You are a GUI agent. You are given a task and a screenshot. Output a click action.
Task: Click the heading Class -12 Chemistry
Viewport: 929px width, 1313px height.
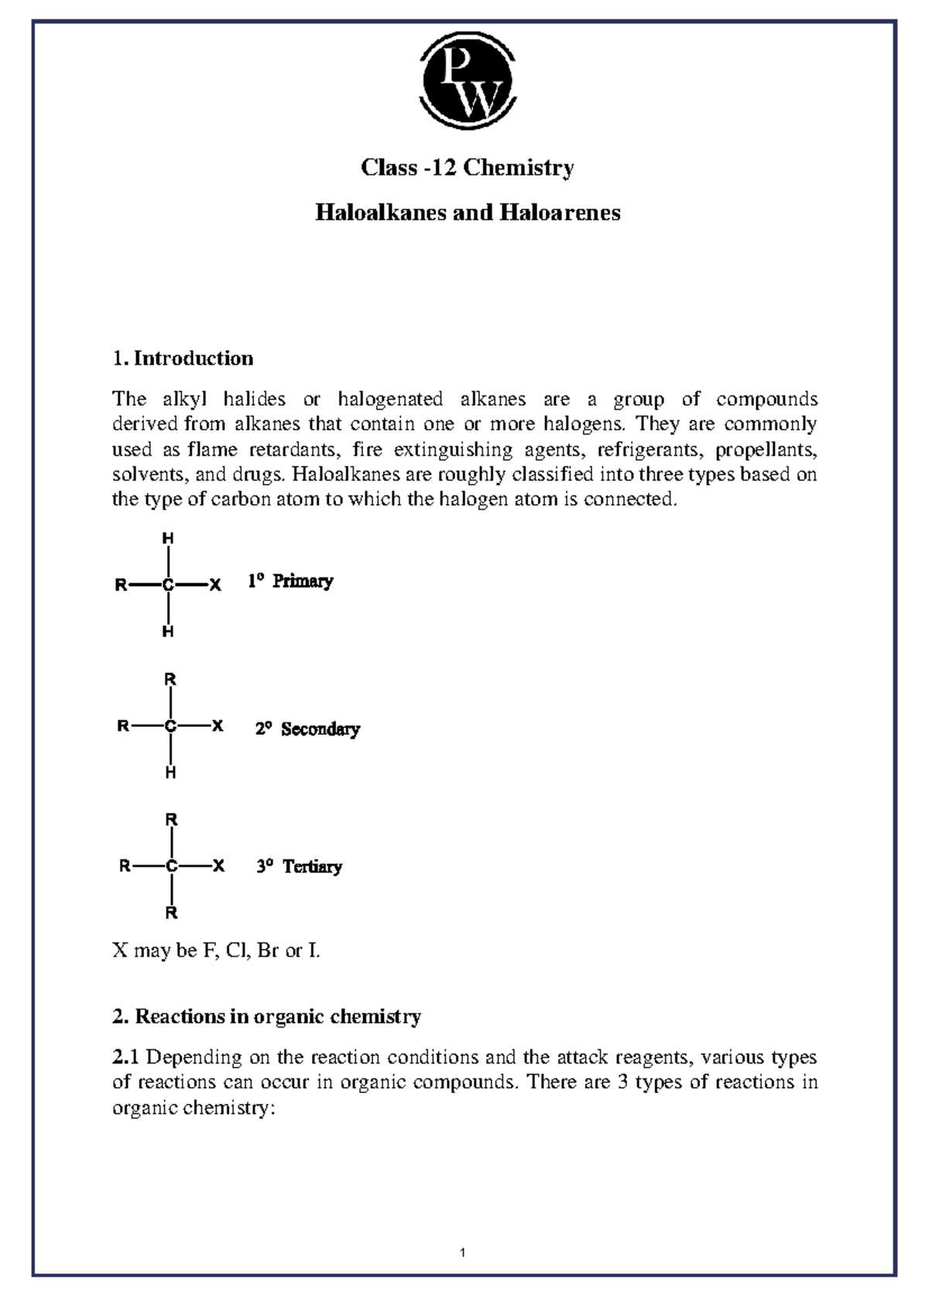(468, 168)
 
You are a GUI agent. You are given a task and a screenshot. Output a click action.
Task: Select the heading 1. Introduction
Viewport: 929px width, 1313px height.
(183, 358)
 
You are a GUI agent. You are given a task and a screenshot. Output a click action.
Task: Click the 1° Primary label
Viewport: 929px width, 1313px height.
(290, 581)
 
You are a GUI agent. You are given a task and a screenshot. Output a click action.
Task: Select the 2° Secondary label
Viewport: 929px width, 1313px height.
(307, 729)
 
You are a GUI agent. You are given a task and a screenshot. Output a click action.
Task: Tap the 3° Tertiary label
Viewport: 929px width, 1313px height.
(299, 867)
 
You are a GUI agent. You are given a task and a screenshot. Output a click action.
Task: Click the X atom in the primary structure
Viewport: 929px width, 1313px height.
(216, 585)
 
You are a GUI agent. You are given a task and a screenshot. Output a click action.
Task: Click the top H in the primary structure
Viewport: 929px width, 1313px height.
(167, 538)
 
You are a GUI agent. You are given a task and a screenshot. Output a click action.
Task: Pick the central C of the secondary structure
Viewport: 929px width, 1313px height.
(170, 726)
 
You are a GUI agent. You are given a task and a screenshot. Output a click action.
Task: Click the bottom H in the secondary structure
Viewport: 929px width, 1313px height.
(170, 773)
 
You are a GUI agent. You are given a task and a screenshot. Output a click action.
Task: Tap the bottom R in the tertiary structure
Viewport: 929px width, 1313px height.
(171, 913)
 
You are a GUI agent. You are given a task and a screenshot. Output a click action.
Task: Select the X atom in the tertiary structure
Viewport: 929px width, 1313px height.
(219, 866)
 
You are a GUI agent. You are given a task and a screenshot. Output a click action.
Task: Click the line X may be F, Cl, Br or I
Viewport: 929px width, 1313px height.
(216, 951)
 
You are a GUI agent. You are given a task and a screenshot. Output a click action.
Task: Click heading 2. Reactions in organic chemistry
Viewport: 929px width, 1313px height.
(266, 1016)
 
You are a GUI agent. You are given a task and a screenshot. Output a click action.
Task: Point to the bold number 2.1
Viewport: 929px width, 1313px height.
(125, 1058)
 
